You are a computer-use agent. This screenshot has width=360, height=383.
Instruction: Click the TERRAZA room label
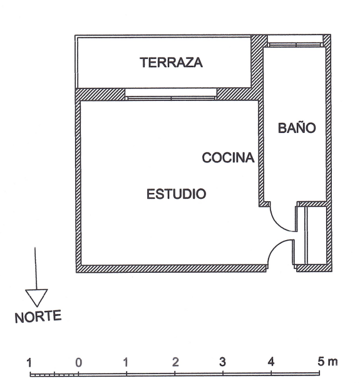[x=171, y=62]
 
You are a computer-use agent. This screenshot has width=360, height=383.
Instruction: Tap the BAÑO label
[x=297, y=127]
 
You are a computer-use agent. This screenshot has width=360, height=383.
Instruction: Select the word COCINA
[x=228, y=157]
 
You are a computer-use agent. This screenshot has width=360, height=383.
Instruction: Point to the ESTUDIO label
[x=176, y=194]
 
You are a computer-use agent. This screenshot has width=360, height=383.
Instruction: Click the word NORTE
[x=38, y=317]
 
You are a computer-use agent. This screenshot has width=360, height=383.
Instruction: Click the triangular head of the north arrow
[x=36, y=298]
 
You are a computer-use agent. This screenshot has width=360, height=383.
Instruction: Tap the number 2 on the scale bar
[x=175, y=362]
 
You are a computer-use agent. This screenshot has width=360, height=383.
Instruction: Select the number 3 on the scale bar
[x=222, y=362]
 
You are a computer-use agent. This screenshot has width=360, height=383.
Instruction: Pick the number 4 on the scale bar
[x=271, y=362]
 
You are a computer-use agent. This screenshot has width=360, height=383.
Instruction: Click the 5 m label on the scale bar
[x=327, y=362]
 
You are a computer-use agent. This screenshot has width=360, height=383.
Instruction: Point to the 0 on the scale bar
[x=78, y=363]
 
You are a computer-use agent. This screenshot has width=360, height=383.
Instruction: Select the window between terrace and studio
[x=171, y=95]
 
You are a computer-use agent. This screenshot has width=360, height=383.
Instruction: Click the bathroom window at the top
[x=295, y=41]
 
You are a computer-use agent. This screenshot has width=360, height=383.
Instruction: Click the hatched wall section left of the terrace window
[x=101, y=94]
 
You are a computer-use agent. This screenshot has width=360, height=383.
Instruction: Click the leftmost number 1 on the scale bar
[x=29, y=363]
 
